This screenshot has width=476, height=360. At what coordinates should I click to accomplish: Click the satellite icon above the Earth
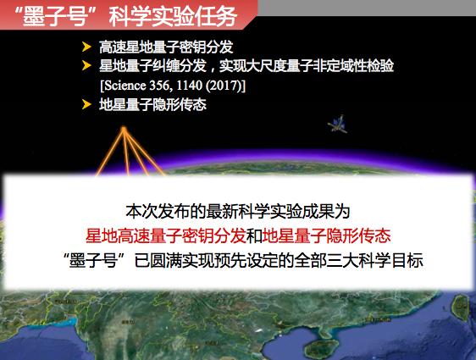338,124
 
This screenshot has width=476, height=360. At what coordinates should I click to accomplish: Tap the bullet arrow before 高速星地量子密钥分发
86,47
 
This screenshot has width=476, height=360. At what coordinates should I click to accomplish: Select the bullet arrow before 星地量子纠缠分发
86,65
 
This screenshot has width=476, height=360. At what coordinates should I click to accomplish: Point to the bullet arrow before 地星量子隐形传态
86,104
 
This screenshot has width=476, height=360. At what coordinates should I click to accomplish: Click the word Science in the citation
125,86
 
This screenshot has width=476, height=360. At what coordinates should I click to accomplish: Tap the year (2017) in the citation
225,86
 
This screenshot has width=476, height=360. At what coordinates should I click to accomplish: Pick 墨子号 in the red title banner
55,16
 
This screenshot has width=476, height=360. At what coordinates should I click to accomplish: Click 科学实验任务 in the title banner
173,16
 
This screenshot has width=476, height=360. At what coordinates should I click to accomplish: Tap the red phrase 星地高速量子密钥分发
166,235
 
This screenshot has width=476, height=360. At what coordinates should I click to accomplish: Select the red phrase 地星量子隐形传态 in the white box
326,235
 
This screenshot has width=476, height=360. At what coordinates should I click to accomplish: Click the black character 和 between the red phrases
254,236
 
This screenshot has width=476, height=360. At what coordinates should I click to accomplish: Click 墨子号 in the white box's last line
93,261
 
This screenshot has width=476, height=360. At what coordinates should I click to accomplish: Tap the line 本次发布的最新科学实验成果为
238,212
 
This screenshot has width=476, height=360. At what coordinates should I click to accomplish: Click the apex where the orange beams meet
124,128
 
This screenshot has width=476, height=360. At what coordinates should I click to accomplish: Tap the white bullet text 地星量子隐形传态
152,105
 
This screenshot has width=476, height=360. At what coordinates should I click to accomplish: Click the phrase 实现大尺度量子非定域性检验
307,65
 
